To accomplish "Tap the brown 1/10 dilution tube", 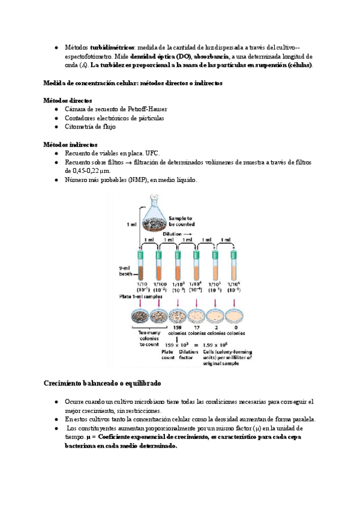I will (142, 262).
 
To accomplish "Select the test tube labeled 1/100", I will (160, 262).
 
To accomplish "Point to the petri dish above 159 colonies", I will (179, 316).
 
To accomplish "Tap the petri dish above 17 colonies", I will (197, 316).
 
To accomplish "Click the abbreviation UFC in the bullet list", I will (152, 154).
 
